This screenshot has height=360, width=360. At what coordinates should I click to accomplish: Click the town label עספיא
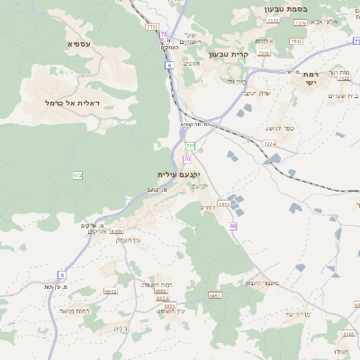pyautogui.click(x=78, y=43)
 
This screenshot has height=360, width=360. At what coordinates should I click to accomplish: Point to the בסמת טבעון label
pyautogui.click(x=262, y=8)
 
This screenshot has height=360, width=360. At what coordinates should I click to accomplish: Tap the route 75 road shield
pyautogui.click(x=165, y=34)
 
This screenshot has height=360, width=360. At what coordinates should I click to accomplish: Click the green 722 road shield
pyautogui.click(x=190, y=145)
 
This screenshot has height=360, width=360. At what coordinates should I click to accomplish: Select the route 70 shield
pyautogui.click(x=187, y=158)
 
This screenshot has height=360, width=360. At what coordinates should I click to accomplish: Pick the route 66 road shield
pyautogui.click(x=232, y=226)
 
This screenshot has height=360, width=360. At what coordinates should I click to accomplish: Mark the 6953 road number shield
pyautogui.click(x=223, y=204)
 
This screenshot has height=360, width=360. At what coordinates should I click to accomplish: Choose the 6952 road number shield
pyautogui.click(x=111, y=292)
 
